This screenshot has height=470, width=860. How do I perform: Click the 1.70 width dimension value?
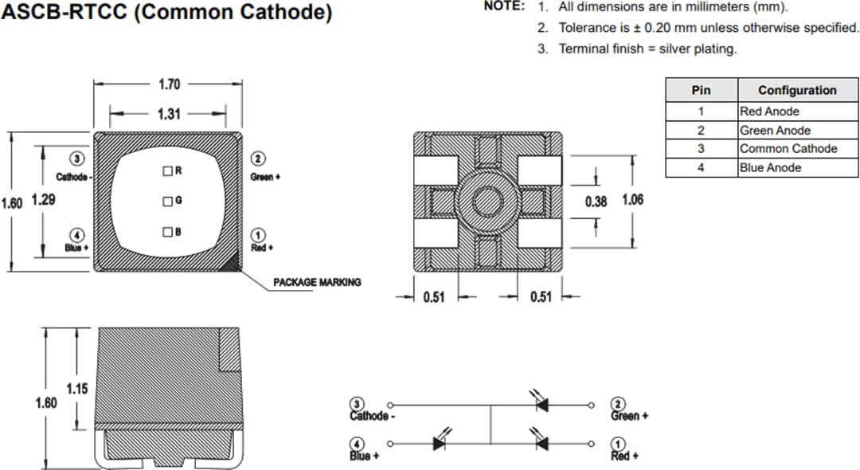(169, 84)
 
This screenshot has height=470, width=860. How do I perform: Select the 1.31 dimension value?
(169, 114)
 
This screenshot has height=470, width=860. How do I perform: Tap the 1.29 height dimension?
(43, 202)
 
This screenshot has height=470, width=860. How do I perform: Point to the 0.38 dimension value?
(596, 202)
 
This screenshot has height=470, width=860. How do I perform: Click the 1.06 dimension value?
(632, 201)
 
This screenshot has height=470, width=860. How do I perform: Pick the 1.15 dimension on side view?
(76, 390)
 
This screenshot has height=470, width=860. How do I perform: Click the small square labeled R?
(168, 170)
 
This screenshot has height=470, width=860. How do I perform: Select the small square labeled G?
(168, 201)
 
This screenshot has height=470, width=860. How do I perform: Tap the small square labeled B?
(168, 232)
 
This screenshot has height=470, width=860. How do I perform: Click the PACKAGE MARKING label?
(317, 282)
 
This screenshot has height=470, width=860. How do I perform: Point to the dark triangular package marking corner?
(234, 262)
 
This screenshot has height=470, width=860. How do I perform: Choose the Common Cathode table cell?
(788, 149)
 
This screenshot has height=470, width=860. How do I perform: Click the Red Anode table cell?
(769, 112)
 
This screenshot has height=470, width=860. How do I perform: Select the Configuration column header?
(796, 90)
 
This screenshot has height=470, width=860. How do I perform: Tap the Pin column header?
(701, 90)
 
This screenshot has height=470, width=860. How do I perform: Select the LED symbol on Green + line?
(542, 405)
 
